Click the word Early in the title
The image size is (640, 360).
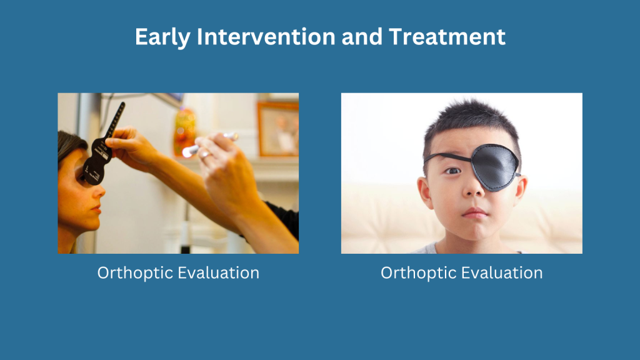tap(162, 37)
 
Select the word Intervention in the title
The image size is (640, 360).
tap(266, 37)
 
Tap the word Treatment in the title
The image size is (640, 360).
tap(447, 37)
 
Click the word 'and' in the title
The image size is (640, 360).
tap(362, 37)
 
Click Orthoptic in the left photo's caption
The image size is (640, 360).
tap(135, 273)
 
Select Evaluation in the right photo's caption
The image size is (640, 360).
tap(504, 272)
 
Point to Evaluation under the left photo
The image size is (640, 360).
tap(221, 272)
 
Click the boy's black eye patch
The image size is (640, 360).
tap(495, 166)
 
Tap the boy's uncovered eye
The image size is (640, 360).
tap(452, 171)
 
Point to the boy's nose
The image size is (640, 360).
tap(472, 187)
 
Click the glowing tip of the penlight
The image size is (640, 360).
tap(187, 152)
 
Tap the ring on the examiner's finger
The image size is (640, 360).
tap(205, 154)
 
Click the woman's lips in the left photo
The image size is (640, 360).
tap(97, 209)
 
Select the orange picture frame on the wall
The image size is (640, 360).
tap(277, 129)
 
